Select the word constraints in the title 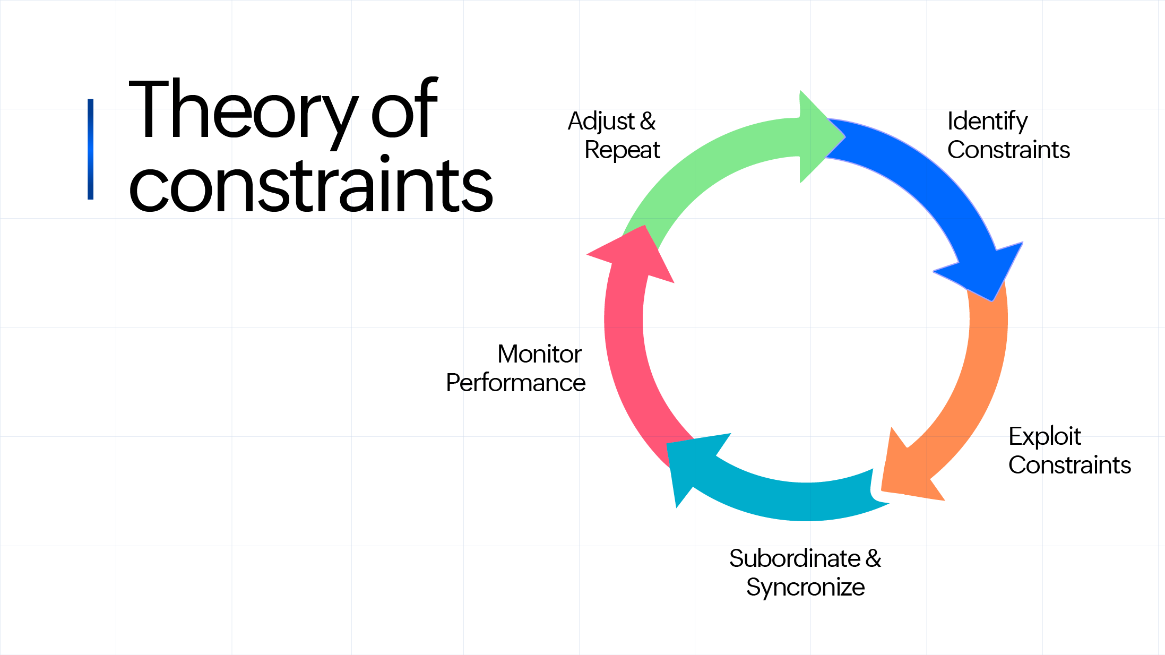click(310, 186)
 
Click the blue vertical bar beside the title click(91, 149)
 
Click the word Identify click(987, 122)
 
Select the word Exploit click(1044, 437)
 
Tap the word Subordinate click(794, 559)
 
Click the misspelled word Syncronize click(805, 588)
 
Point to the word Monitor click(539, 354)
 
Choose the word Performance click(515, 383)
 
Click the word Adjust click(601, 122)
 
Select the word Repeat click(622, 150)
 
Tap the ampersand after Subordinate click(874, 559)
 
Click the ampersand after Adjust click(648, 122)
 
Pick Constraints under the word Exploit click(1069, 466)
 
